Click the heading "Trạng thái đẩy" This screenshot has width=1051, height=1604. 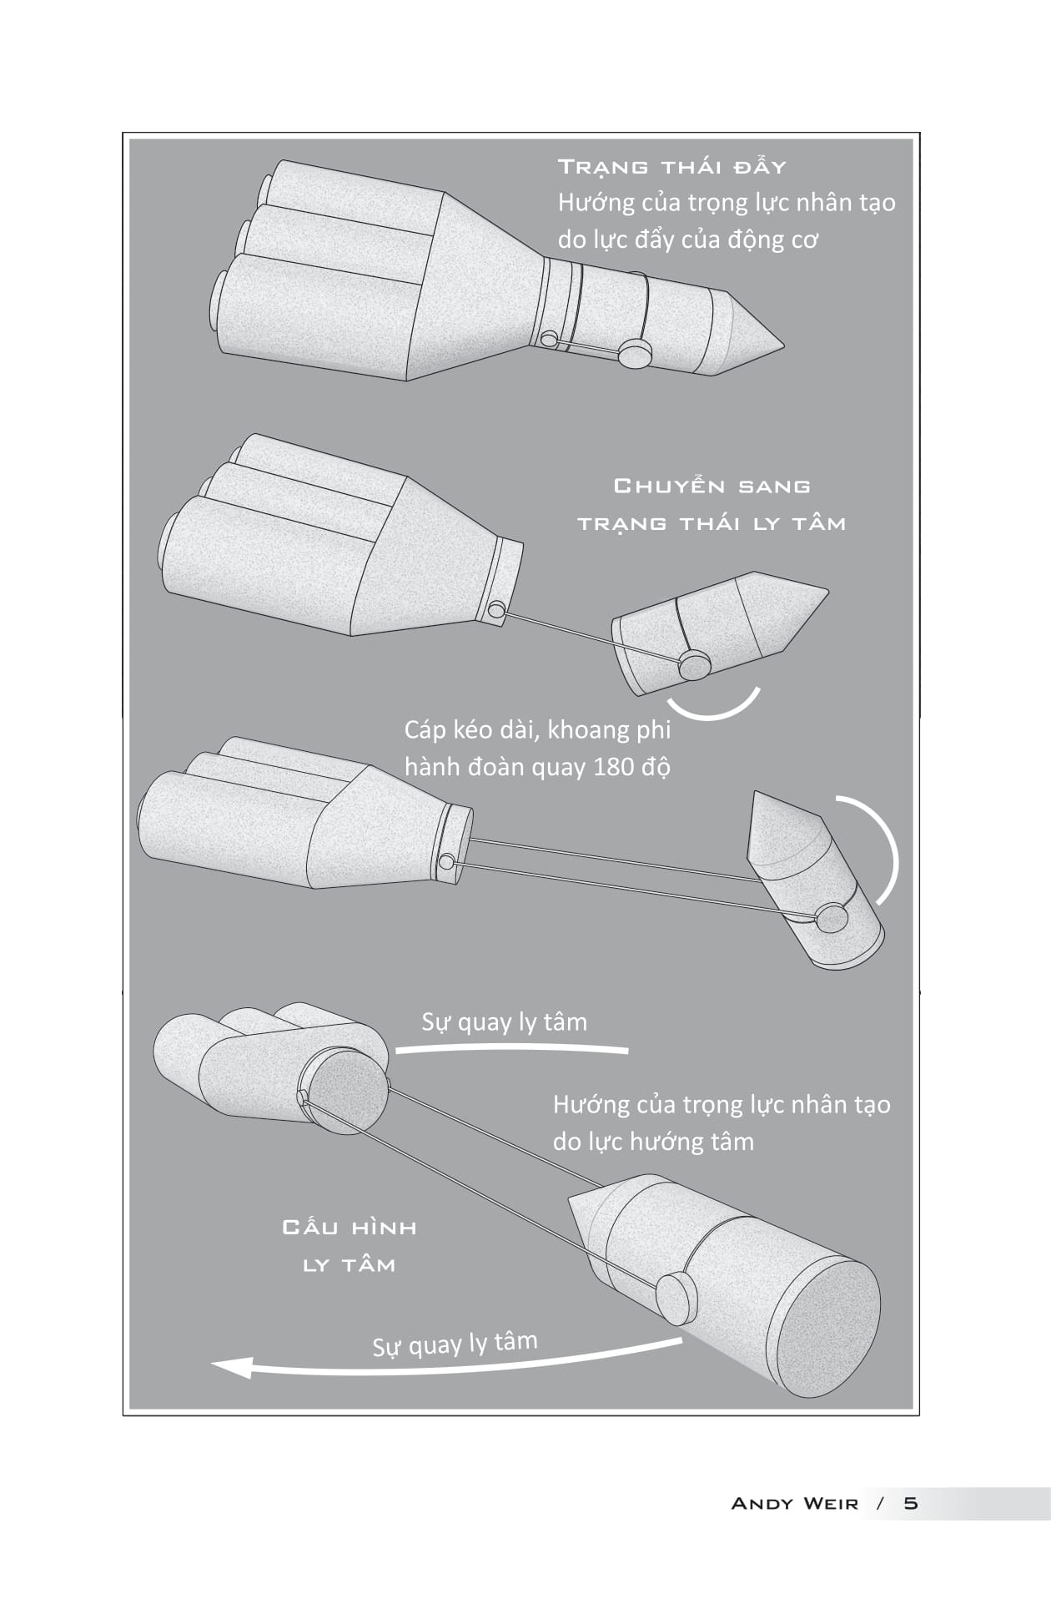coord(671,167)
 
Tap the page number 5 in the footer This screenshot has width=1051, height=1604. coord(910,1503)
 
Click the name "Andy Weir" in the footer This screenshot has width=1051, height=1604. coord(793,1503)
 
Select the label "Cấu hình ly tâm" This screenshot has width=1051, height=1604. coord(349,1246)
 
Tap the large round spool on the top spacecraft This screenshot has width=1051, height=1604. coord(636,354)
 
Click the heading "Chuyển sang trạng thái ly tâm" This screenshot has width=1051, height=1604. coord(712,504)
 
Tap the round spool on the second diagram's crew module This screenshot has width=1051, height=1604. coord(694,665)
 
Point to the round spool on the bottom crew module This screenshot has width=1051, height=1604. coord(676,1298)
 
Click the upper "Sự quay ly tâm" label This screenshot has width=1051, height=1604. coord(504,1022)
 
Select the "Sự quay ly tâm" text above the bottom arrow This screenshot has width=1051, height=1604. coord(455,1344)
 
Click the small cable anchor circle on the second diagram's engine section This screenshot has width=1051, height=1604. coord(496,610)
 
